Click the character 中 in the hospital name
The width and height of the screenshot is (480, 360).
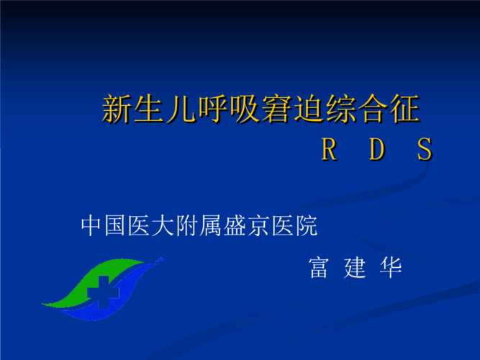tap(91, 226)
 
